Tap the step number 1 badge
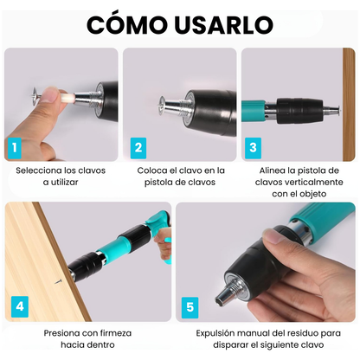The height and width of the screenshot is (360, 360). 14,148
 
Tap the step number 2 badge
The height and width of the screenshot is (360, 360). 137,148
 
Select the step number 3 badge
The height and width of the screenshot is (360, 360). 253,148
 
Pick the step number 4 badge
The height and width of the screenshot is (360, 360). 21,305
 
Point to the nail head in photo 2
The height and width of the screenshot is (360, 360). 161,106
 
